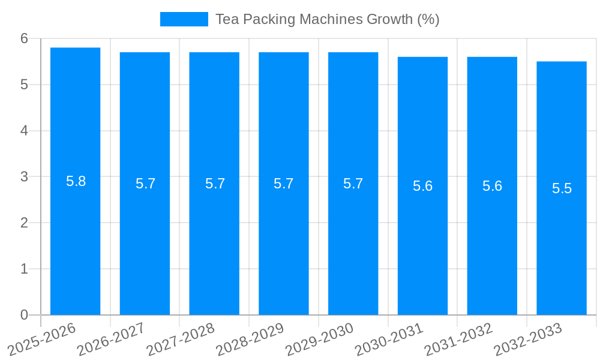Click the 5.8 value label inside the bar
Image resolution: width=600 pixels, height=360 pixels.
pyautogui.click(x=76, y=181)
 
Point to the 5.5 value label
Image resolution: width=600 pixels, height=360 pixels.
pyautogui.click(x=562, y=188)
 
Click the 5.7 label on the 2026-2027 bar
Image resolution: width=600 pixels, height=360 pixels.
pyautogui.click(x=146, y=184)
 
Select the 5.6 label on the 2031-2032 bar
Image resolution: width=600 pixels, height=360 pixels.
pyautogui.click(x=493, y=186)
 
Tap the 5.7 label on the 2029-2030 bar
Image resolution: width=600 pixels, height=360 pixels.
pyautogui.click(x=353, y=184)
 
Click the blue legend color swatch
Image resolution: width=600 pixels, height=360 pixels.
pyautogui.click(x=184, y=19)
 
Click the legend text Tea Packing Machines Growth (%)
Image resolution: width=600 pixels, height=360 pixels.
pyautogui.click(x=328, y=19)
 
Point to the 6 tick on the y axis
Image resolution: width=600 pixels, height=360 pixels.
pyautogui.click(x=24, y=38)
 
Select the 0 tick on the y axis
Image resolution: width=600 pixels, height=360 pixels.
pyautogui.click(x=24, y=315)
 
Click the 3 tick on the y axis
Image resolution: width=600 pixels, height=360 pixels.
pyautogui.click(x=24, y=177)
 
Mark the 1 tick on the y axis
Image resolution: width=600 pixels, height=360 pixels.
pyautogui.click(x=24, y=269)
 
